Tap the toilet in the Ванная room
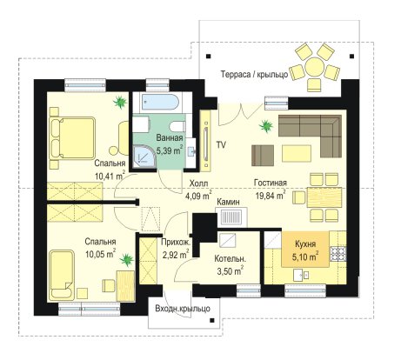point(177,127)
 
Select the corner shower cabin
point(144,156)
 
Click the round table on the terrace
point(314,67)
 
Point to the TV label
point(221,144)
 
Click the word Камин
point(229,202)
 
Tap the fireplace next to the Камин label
point(231,217)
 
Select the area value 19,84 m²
point(271,195)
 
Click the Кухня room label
point(305,243)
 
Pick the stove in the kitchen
point(338,254)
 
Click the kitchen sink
point(301,275)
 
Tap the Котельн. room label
point(231,258)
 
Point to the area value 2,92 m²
point(176,255)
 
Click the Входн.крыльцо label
point(183,309)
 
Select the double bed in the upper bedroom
point(72,137)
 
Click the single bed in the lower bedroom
point(62,275)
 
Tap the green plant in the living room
point(265,126)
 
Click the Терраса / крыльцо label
point(255,75)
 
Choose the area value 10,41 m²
point(110,176)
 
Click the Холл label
point(199,183)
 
